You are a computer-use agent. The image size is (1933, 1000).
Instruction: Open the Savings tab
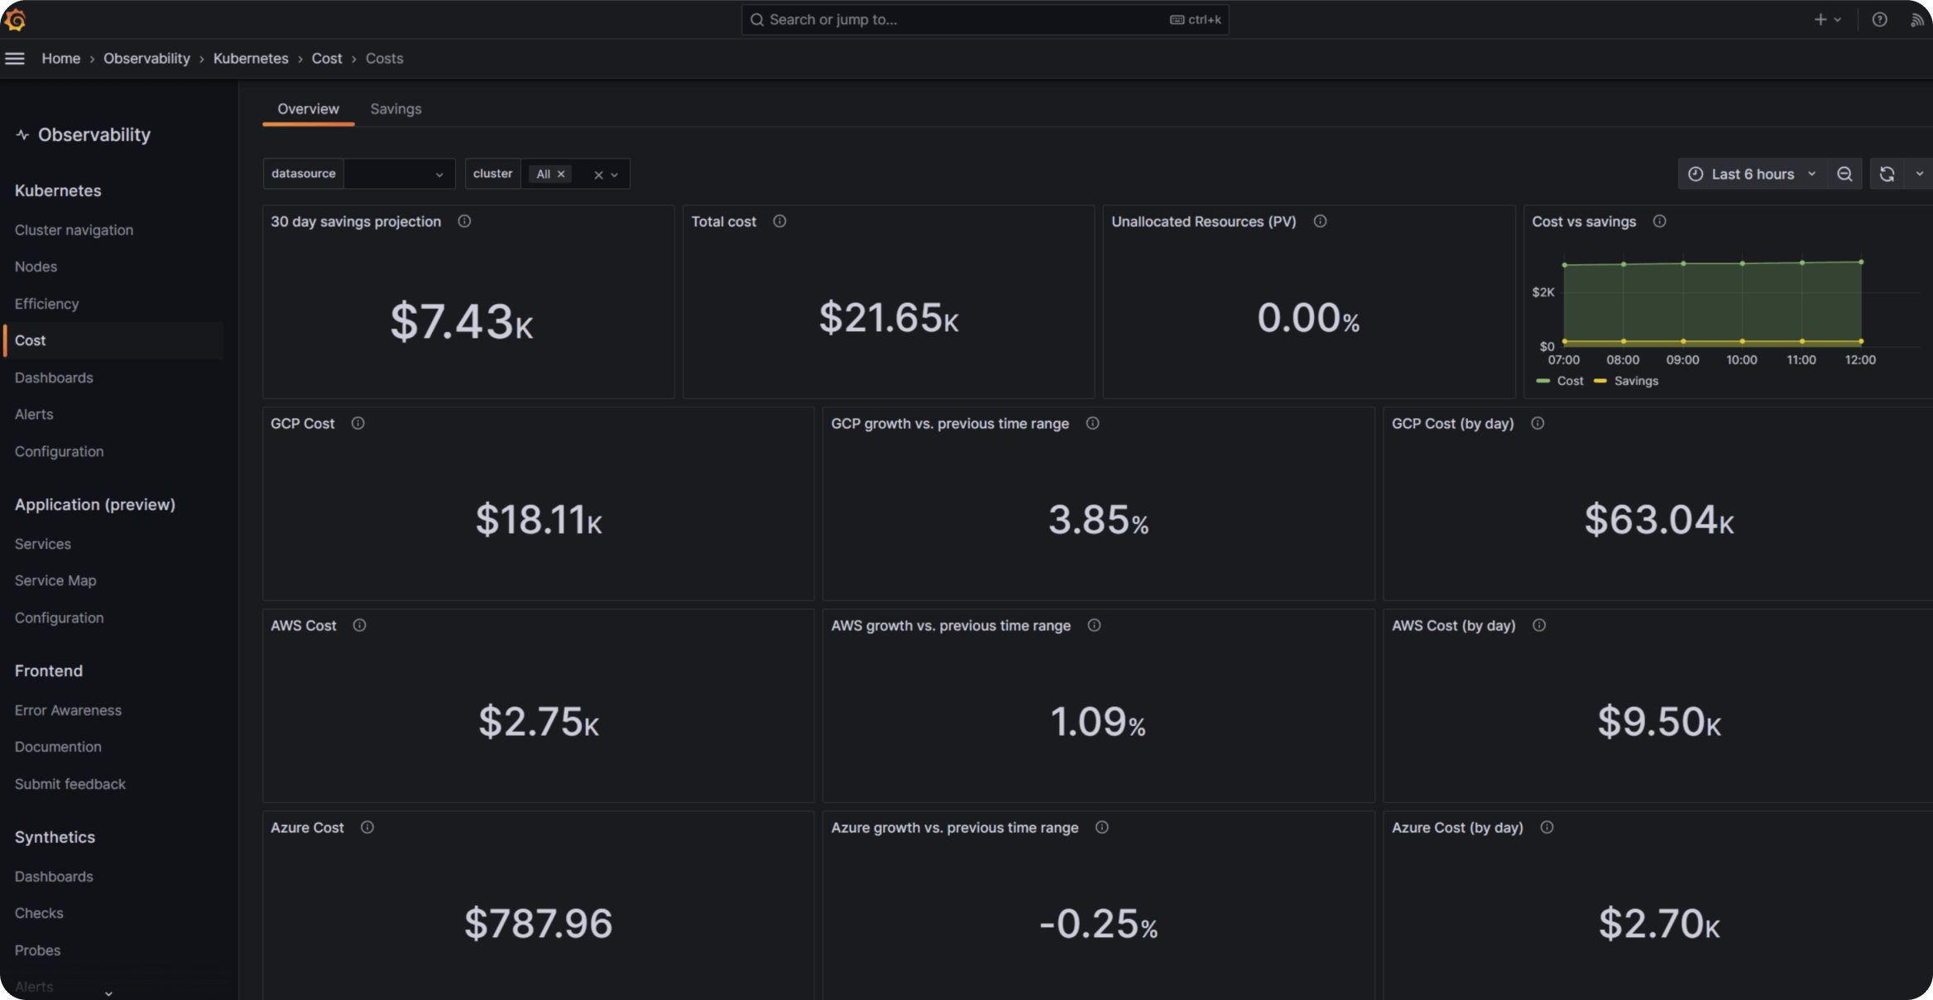tap(396, 109)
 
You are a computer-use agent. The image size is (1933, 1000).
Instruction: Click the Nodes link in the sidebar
tap(36, 267)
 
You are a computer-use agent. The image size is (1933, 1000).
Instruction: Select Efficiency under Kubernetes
tap(46, 304)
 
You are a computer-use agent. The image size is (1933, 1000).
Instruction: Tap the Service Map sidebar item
tap(55, 580)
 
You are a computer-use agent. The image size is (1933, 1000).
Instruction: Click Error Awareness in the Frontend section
tap(68, 710)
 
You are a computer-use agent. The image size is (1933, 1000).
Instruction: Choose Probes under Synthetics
tap(37, 950)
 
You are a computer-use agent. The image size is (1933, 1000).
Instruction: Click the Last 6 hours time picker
tap(1752, 174)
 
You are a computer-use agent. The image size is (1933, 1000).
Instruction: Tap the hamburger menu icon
tap(15, 59)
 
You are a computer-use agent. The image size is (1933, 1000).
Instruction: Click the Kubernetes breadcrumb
tap(251, 59)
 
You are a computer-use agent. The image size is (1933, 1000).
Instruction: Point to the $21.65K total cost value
tap(889, 318)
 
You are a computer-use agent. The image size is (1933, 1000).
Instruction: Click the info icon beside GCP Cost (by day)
tap(1537, 424)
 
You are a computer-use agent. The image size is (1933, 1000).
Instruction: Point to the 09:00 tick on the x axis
tap(1682, 360)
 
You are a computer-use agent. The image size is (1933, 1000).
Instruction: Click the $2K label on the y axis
tap(1543, 292)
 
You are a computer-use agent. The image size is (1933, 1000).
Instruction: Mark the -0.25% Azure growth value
tap(1098, 924)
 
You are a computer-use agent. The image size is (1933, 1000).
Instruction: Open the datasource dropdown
tap(398, 174)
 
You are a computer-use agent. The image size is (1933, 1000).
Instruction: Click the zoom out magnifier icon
tap(1844, 174)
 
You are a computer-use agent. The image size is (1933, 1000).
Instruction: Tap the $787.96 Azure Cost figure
tap(538, 924)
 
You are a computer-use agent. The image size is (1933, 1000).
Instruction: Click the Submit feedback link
tap(70, 784)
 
